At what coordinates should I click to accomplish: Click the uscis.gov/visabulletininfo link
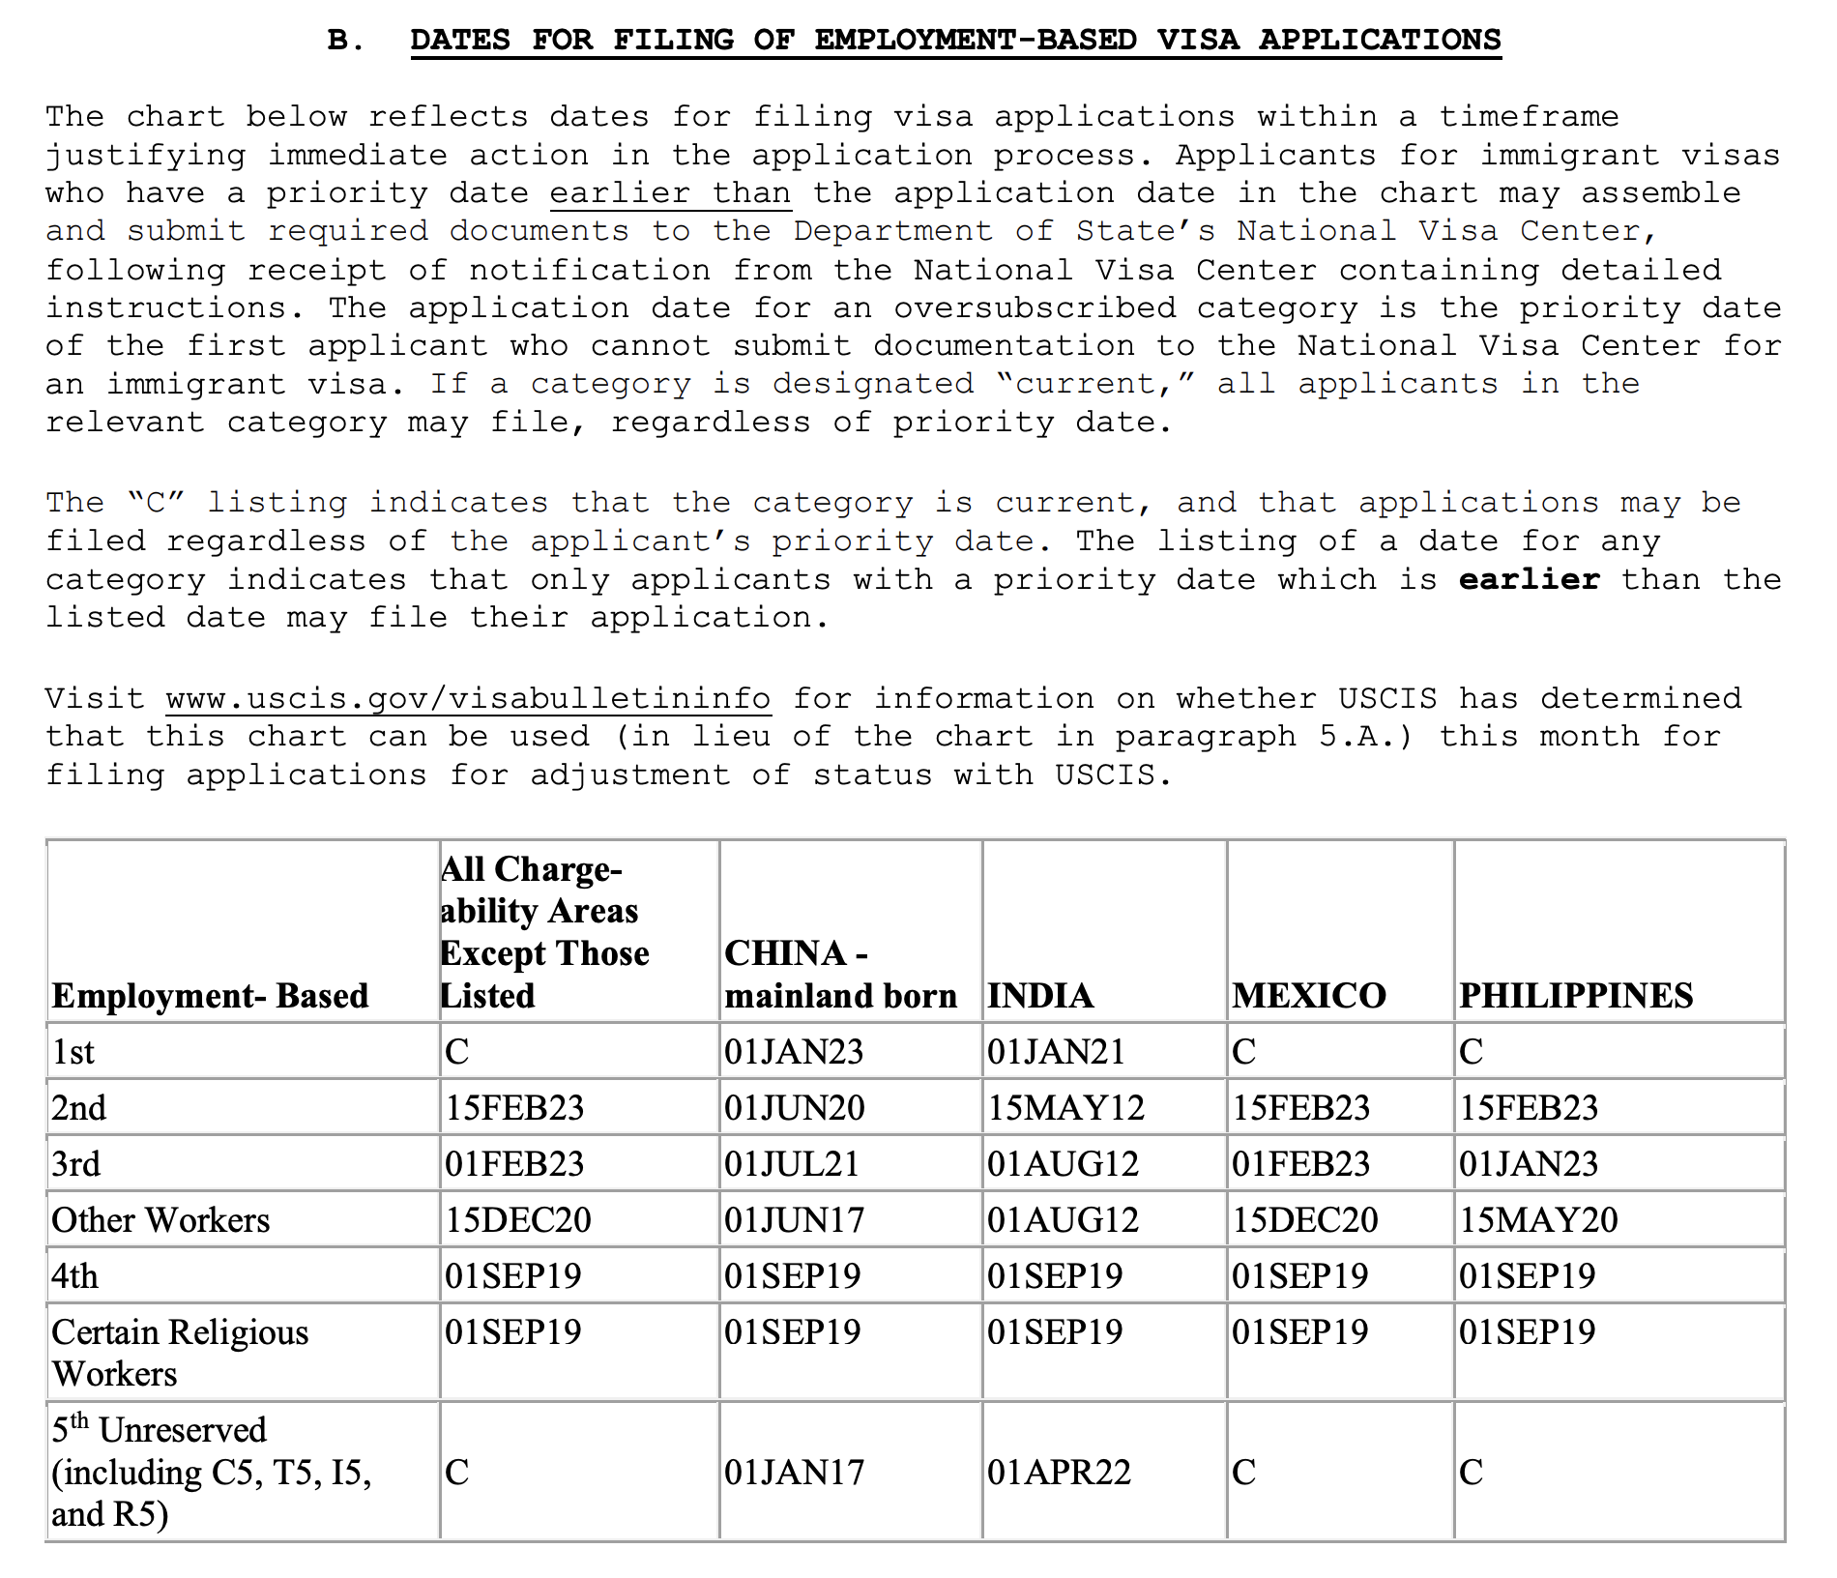(x=468, y=698)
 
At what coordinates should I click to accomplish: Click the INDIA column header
(x=1040, y=995)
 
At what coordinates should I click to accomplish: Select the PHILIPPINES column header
(x=1576, y=995)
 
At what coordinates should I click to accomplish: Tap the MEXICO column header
(x=1309, y=995)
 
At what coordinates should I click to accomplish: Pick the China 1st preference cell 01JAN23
(x=794, y=1051)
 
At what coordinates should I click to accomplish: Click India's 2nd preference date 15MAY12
(x=1065, y=1107)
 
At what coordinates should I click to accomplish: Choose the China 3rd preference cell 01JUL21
(x=792, y=1163)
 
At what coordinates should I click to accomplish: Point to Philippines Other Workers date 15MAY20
(x=1538, y=1219)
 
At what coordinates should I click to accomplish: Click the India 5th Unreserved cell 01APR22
(x=1059, y=1472)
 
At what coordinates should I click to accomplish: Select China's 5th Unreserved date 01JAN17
(x=794, y=1472)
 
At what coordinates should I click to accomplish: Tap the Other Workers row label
(x=160, y=1219)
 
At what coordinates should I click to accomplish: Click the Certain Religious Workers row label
(x=180, y=1352)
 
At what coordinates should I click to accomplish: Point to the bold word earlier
(x=1529, y=579)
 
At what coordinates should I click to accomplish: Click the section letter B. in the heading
(x=346, y=40)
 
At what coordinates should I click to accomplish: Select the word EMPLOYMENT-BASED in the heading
(x=976, y=40)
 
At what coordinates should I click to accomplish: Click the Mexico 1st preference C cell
(x=1243, y=1051)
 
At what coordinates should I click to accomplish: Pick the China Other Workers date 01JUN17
(x=794, y=1219)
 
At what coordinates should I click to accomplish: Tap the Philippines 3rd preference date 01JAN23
(x=1529, y=1163)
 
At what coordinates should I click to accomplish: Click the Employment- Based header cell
(x=210, y=995)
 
